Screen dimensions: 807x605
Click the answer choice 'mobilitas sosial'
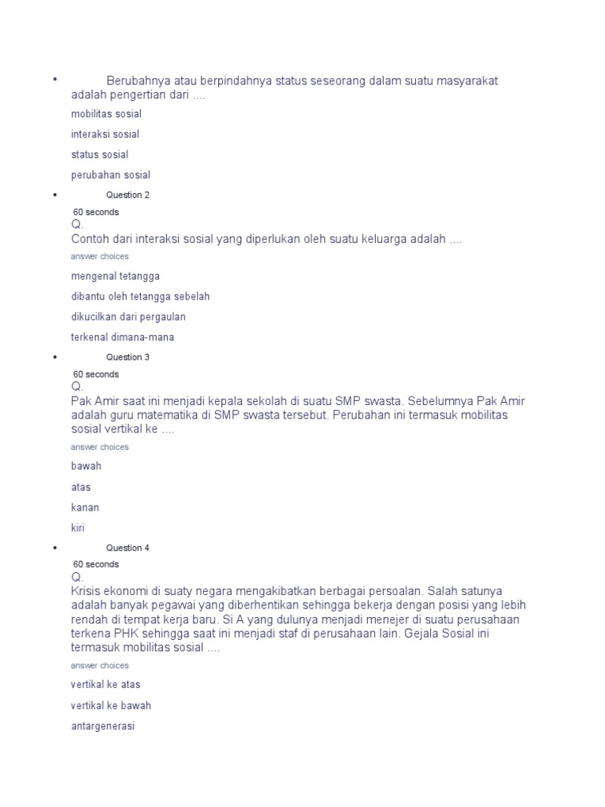point(106,114)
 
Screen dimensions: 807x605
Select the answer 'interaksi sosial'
point(105,135)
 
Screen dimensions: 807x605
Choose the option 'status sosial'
point(99,155)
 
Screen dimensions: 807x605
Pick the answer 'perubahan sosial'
point(110,176)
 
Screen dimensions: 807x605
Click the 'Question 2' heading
point(128,195)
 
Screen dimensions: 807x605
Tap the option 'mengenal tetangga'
point(115,277)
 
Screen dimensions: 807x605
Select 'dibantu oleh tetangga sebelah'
point(140,297)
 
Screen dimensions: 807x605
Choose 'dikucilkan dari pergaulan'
point(128,318)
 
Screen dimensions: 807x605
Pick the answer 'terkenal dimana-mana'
point(122,338)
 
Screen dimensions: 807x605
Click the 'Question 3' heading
point(128,358)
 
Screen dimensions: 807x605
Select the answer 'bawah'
point(86,467)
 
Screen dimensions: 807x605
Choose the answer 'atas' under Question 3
point(80,488)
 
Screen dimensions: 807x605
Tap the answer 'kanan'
point(85,508)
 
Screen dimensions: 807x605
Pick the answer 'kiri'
point(77,528)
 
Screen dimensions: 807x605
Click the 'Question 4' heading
point(128,549)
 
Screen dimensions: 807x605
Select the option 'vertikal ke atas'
point(106,685)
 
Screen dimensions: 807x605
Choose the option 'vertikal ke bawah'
point(110,706)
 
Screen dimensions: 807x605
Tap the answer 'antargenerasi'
point(102,727)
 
